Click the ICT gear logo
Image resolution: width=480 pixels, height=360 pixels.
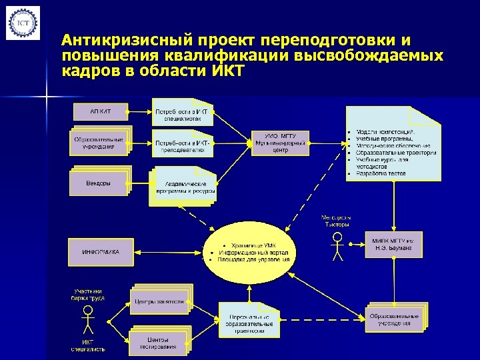point(22,23)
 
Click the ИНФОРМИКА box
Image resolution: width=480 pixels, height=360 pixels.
point(101,252)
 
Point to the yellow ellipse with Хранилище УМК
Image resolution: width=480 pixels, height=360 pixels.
point(250,252)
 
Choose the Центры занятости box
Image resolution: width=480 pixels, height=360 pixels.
point(160,301)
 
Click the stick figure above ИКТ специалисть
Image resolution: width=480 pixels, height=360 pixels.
point(87,323)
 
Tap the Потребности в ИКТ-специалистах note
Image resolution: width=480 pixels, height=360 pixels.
point(182,111)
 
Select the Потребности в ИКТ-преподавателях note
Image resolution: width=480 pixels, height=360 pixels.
point(182,147)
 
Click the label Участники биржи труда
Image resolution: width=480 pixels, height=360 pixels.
point(87,295)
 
